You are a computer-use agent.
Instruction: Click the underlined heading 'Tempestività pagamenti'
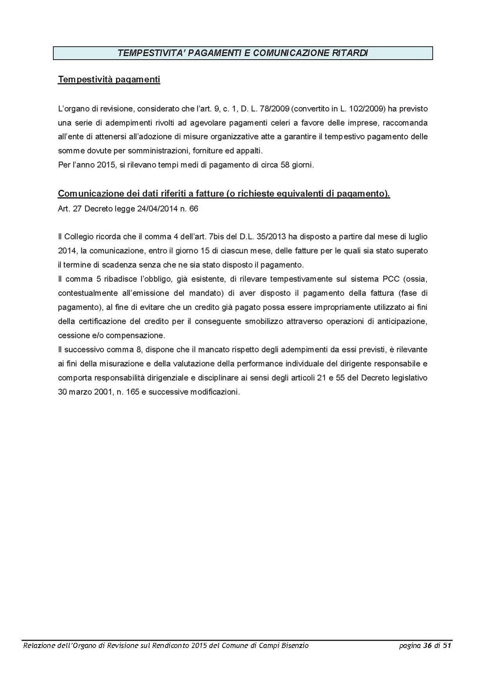pyautogui.click(x=109, y=80)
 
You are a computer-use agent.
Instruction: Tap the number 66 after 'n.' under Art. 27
pyautogui.click(x=194, y=209)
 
